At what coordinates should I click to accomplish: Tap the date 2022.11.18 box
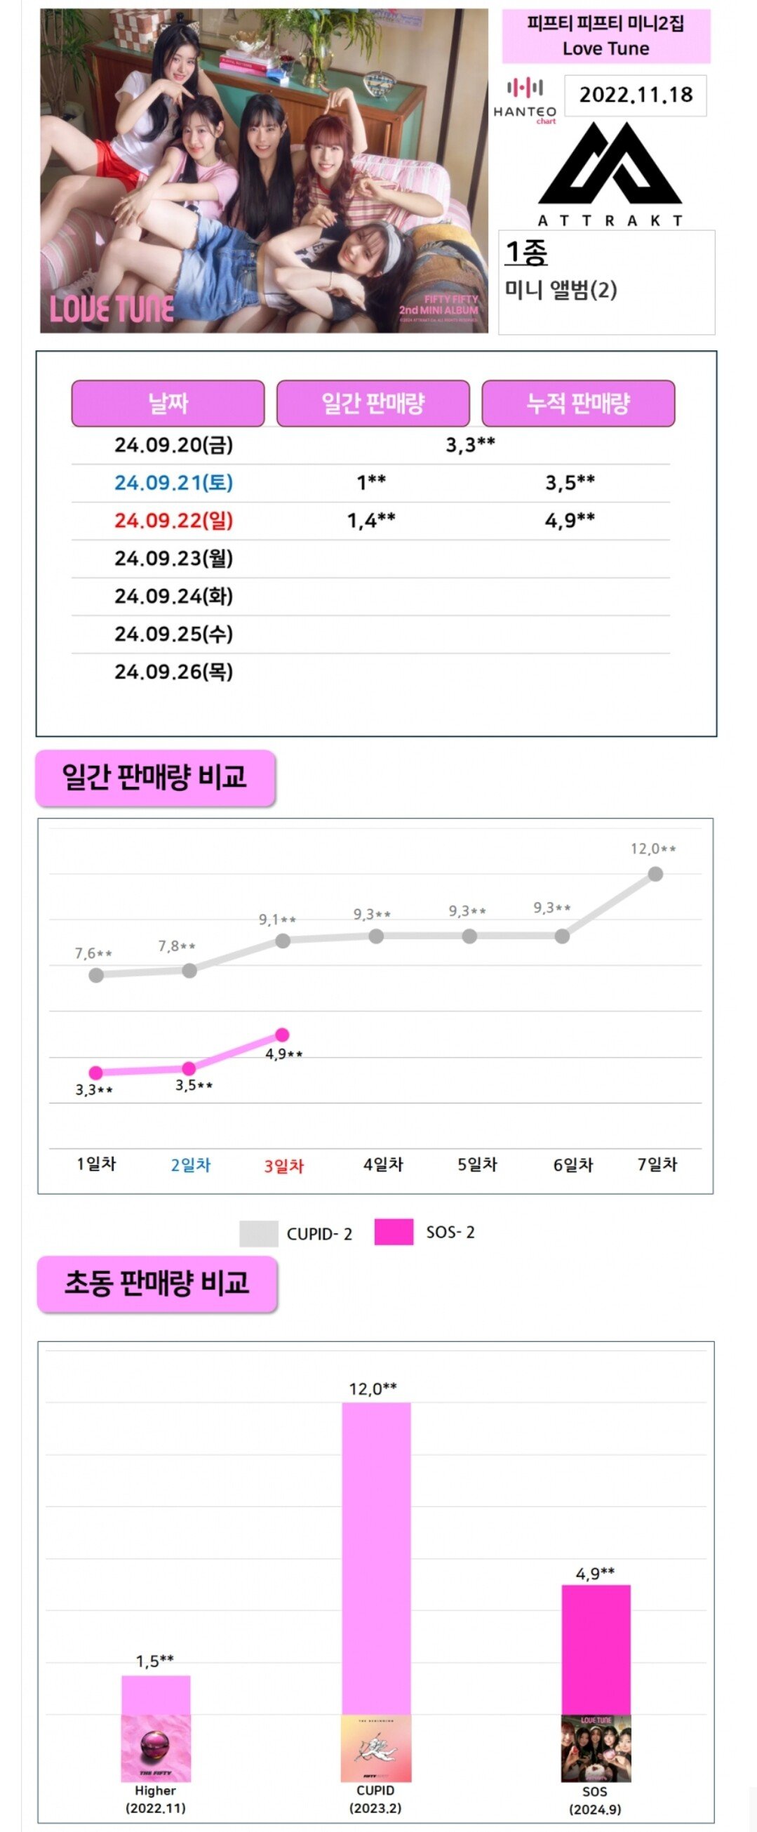(635, 95)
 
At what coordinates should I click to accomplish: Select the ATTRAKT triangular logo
(610, 164)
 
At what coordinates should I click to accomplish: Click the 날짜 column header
(168, 403)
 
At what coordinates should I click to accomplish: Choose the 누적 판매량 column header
(578, 403)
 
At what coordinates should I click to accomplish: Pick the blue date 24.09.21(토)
(173, 483)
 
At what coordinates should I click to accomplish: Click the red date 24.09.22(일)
(173, 521)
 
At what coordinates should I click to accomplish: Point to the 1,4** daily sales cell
(371, 521)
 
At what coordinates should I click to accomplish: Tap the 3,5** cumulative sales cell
(570, 483)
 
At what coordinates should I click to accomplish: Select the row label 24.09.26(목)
(173, 672)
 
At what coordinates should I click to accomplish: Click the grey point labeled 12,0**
(655, 874)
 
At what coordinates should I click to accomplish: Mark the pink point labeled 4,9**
(282, 1034)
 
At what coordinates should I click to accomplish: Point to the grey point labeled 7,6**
(96, 975)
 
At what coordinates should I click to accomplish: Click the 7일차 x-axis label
(657, 1165)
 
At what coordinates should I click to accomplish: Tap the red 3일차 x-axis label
(283, 1167)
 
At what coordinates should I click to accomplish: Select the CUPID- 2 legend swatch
(258, 1234)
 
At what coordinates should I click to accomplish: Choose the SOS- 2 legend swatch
(393, 1233)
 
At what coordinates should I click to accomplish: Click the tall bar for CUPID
(376, 1558)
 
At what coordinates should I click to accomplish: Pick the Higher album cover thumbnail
(156, 1748)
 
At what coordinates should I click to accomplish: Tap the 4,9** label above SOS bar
(595, 1574)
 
